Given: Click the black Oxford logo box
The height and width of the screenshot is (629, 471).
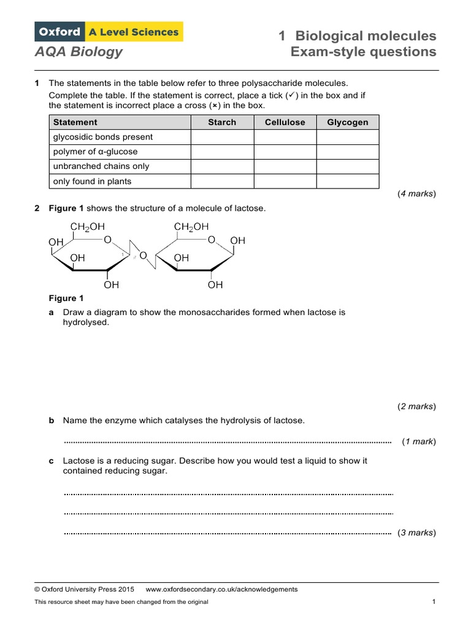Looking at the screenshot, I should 59,31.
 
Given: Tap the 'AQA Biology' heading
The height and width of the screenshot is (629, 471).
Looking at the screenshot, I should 78,52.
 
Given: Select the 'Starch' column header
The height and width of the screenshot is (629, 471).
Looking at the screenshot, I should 222,122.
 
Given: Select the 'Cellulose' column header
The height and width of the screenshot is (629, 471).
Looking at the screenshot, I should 285,122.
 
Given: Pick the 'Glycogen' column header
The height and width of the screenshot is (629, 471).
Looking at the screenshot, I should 348,122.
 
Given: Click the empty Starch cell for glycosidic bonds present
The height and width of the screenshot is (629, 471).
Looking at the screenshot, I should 222,137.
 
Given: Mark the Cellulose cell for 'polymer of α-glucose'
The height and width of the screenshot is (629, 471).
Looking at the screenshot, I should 285,152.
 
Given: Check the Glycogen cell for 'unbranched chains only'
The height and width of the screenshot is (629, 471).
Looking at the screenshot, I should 348,166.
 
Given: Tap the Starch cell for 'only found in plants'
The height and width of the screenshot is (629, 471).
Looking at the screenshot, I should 222,181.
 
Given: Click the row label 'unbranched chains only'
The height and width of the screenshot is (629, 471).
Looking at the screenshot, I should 101,166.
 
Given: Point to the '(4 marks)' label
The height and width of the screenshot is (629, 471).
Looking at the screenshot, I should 416,194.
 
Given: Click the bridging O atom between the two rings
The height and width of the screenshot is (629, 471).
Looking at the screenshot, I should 143,255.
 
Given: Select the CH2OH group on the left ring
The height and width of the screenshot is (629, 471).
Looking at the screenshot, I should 88,227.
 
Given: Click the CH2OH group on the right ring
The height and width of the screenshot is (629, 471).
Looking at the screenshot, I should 191,227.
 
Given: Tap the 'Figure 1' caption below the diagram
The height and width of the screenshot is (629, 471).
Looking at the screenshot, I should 66,299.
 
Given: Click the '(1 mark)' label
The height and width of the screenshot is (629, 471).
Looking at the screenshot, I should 418,442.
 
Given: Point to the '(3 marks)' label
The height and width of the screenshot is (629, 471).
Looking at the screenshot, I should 416,533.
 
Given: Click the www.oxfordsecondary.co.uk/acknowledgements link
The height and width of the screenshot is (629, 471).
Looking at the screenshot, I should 221,589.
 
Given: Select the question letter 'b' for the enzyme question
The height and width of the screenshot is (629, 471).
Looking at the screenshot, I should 52,421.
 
